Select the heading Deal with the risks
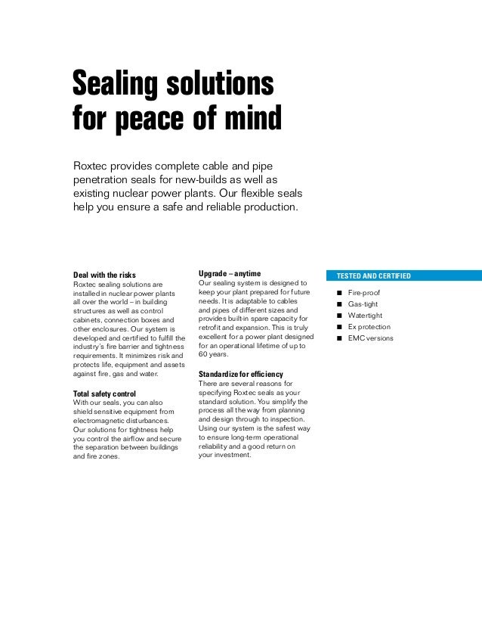tap(104, 274)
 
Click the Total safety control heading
tap(104, 394)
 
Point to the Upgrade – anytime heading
tap(230, 272)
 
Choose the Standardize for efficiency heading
tap(241, 374)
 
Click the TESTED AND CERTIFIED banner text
tap(374, 276)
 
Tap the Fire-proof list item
tap(363, 293)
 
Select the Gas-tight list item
tap(363, 304)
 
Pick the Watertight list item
tap(365, 316)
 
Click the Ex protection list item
tap(369, 327)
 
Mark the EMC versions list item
tap(370, 338)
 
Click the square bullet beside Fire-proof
tap(340, 293)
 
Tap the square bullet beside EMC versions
tap(340, 338)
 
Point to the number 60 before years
tap(203, 354)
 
